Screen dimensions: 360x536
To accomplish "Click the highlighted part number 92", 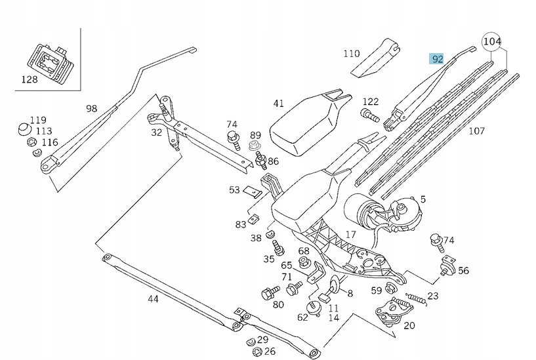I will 438,59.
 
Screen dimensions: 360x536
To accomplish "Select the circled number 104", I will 493,41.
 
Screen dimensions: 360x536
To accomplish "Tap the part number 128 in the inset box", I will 30,80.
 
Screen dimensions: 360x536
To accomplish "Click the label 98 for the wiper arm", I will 91,108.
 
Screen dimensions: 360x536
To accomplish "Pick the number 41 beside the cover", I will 278,103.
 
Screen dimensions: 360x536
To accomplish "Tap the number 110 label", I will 352,53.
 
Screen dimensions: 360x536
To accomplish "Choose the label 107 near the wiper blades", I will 476,130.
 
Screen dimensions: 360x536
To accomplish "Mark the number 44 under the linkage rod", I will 153,299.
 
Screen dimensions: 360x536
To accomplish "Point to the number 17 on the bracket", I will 351,233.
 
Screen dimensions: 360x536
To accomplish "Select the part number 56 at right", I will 463,270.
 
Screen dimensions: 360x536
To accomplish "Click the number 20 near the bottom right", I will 409,325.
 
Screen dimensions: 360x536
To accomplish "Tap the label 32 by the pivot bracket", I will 156,132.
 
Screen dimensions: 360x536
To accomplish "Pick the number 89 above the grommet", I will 255,134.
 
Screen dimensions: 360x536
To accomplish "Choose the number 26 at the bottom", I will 270,351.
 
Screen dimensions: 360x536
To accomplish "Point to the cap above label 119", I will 24,127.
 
